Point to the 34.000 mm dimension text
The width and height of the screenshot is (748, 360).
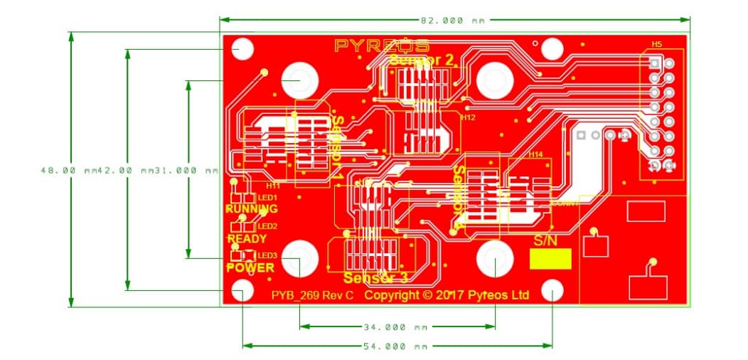396,327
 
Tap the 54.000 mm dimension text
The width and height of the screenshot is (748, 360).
396,346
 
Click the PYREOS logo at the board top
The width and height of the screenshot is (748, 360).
381,46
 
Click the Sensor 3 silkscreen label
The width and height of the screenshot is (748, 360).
375,277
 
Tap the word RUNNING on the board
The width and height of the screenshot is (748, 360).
251,209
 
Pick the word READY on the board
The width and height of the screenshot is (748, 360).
247,238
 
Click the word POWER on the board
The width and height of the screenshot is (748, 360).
250,268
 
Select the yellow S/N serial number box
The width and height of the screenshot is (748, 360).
550,260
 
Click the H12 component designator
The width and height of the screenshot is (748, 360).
467,117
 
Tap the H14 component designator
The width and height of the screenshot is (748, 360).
535,154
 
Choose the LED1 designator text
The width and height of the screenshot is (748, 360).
267,197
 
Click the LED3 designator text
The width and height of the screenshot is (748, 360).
267,255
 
